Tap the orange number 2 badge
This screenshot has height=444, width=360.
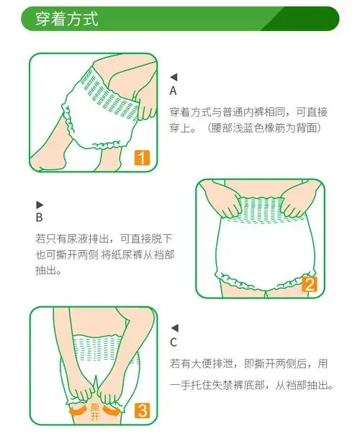(x=310, y=283)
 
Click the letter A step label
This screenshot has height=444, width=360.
(x=173, y=92)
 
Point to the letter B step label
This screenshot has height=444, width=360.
(x=39, y=218)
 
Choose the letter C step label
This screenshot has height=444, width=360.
(x=173, y=343)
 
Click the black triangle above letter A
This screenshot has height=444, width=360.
(x=173, y=77)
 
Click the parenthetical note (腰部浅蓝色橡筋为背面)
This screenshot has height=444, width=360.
(x=263, y=128)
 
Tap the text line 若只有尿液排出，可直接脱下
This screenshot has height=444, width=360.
(x=104, y=239)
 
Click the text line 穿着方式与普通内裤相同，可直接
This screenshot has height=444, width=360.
(x=248, y=112)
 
